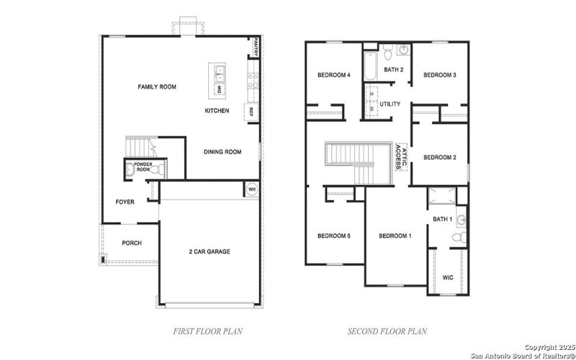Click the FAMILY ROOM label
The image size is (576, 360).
(x=157, y=87)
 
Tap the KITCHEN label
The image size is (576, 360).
(x=217, y=111)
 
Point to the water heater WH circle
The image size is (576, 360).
(x=252, y=189)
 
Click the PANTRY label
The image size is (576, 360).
(x=255, y=48)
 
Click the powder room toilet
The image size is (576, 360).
(x=130, y=170)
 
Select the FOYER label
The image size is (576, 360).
(x=125, y=202)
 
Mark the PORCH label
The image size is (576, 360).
(x=131, y=243)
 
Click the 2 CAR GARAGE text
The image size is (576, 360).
(x=209, y=251)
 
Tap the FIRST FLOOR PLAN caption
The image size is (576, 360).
(x=208, y=331)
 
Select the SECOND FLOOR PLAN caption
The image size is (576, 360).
(x=387, y=331)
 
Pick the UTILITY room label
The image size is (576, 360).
(x=390, y=104)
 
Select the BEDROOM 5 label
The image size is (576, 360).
(x=334, y=236)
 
